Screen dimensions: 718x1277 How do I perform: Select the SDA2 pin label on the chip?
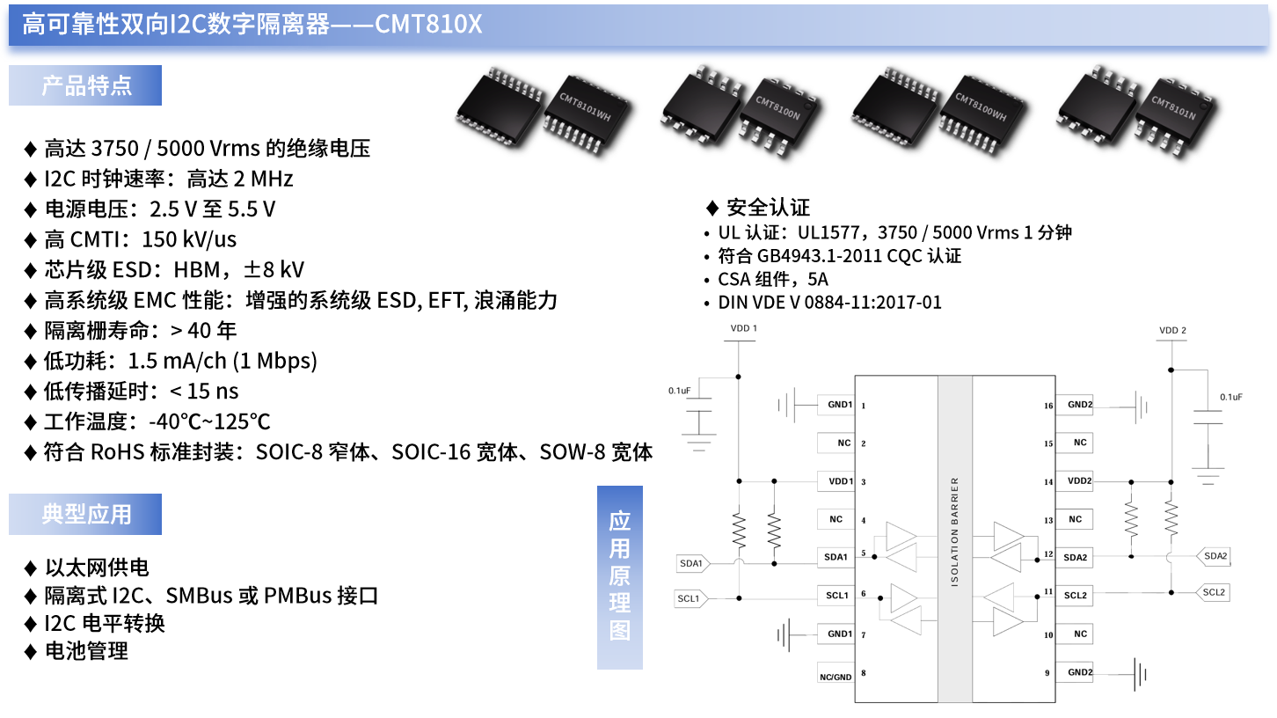click(x=1075, y=558)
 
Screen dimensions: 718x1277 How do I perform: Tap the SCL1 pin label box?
click(x=836, y=596)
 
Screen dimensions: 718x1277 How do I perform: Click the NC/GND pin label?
click(x=836, y=677)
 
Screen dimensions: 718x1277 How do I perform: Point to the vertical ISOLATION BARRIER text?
click(x=955, y=532)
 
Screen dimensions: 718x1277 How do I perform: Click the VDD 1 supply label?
click(x=743, y=328)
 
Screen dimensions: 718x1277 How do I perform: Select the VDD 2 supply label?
click(x=1172, y=331)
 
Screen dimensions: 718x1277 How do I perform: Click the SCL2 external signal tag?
click(x=1214, y=592)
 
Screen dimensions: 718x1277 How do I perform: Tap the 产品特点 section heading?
click(x=86, y=85)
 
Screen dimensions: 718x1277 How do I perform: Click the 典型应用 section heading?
click(x=86, y=515)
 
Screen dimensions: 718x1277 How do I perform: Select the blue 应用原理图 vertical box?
click(x=620, y=576)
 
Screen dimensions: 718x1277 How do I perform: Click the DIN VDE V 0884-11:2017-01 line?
click(x=829, y=302)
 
